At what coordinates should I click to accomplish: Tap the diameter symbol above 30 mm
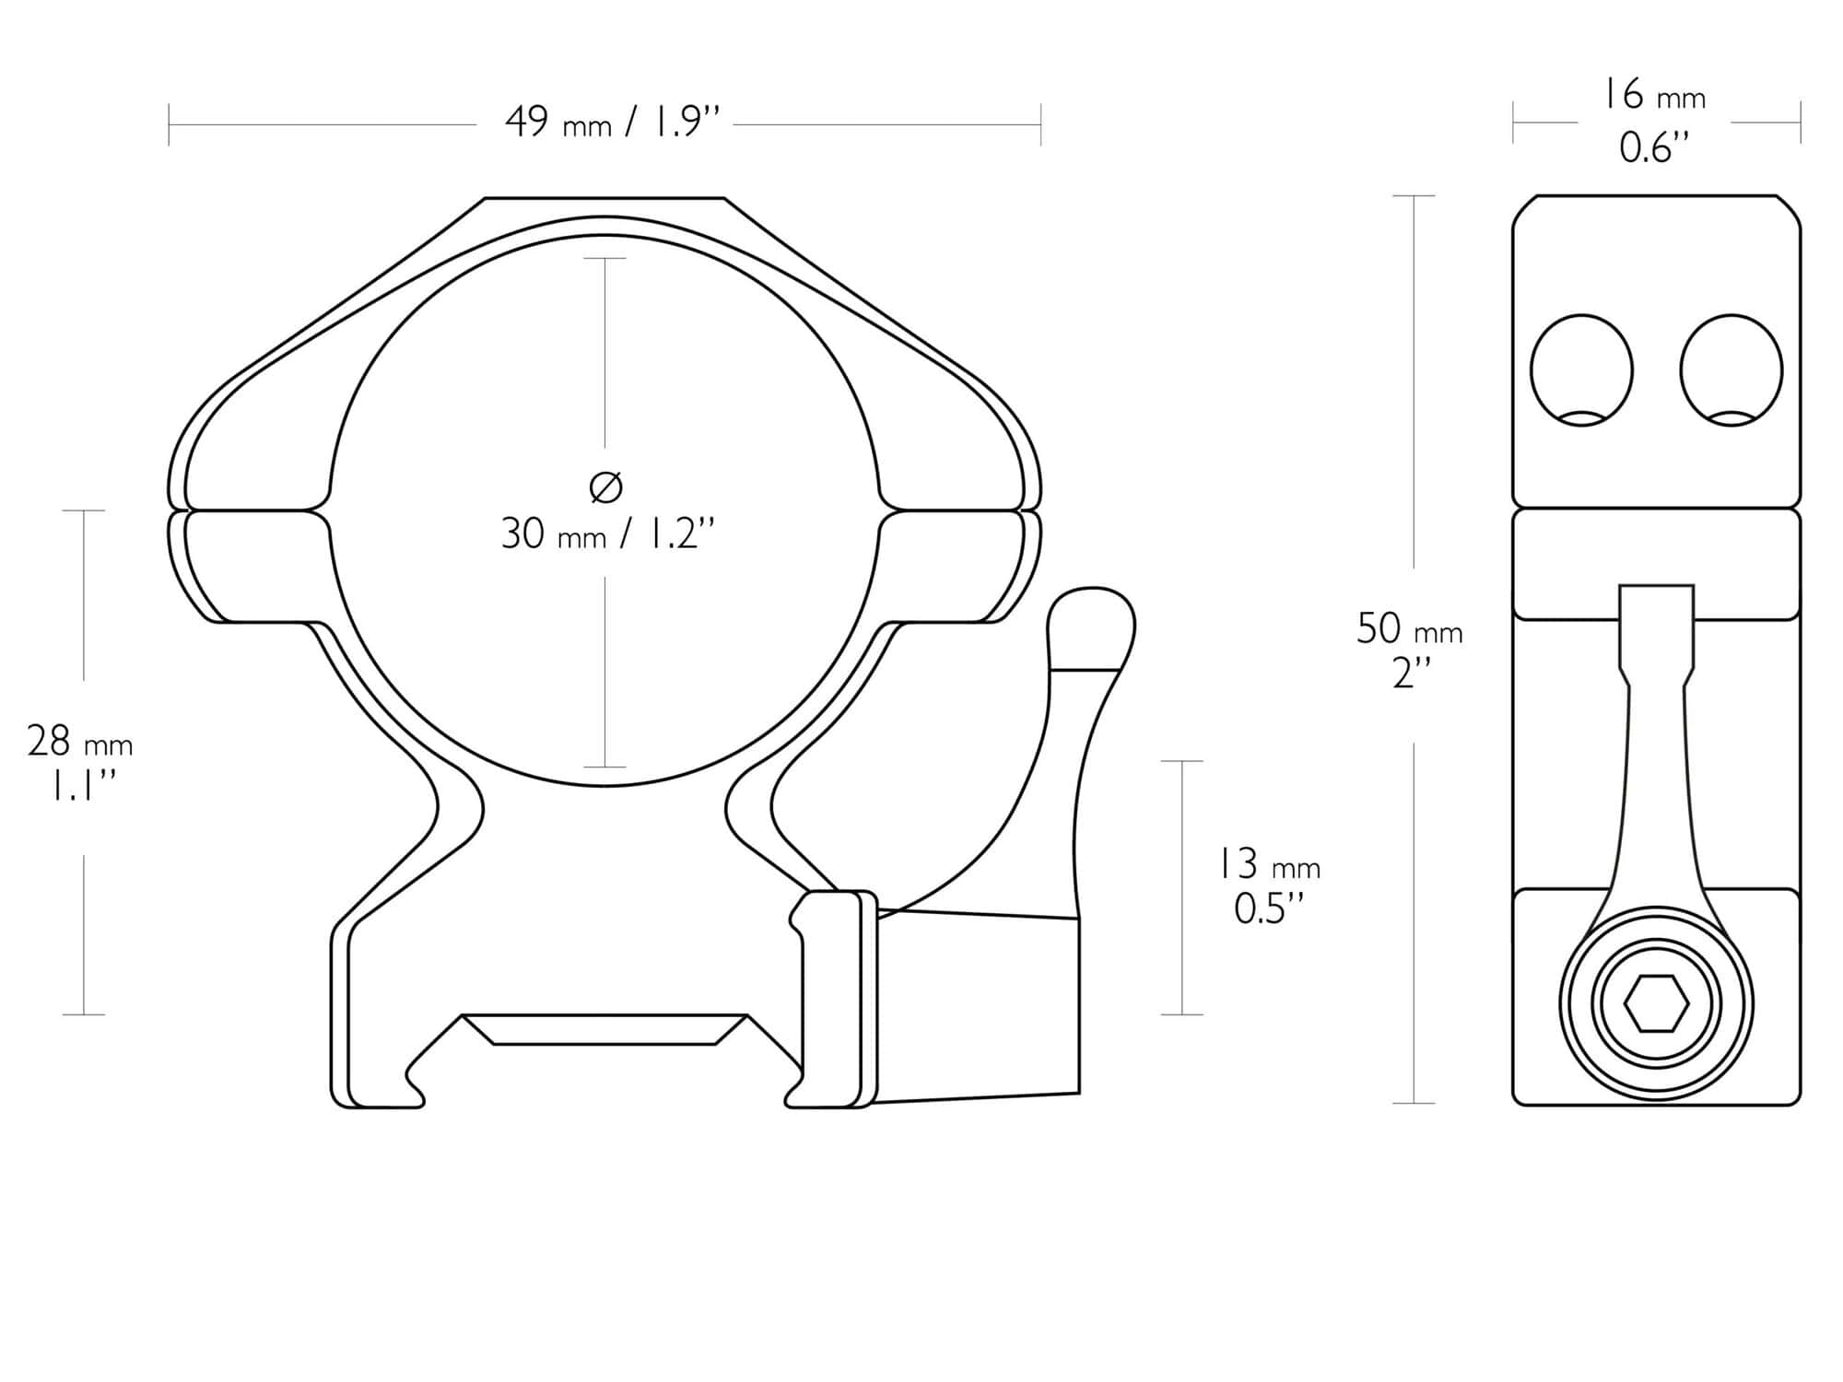tap(605, 487)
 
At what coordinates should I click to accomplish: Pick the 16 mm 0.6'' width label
tap(1655, 121)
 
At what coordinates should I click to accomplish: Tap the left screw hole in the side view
tap(1581, 370)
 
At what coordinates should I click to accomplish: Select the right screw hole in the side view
tap(1731, 370)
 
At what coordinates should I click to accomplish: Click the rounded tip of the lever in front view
tap(1092, 627)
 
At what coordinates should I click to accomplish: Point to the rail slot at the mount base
tap(605, 1030)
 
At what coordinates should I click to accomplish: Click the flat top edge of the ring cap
tap(605, 198)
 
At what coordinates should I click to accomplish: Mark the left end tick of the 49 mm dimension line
tap(169, 124)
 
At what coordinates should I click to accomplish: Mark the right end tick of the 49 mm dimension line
tap(1040, 124)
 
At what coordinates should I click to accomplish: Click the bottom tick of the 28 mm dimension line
tap(84, 1014)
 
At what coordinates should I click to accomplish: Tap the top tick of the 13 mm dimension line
tap(1182, 761)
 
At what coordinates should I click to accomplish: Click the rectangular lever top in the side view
tap(1656, 627)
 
